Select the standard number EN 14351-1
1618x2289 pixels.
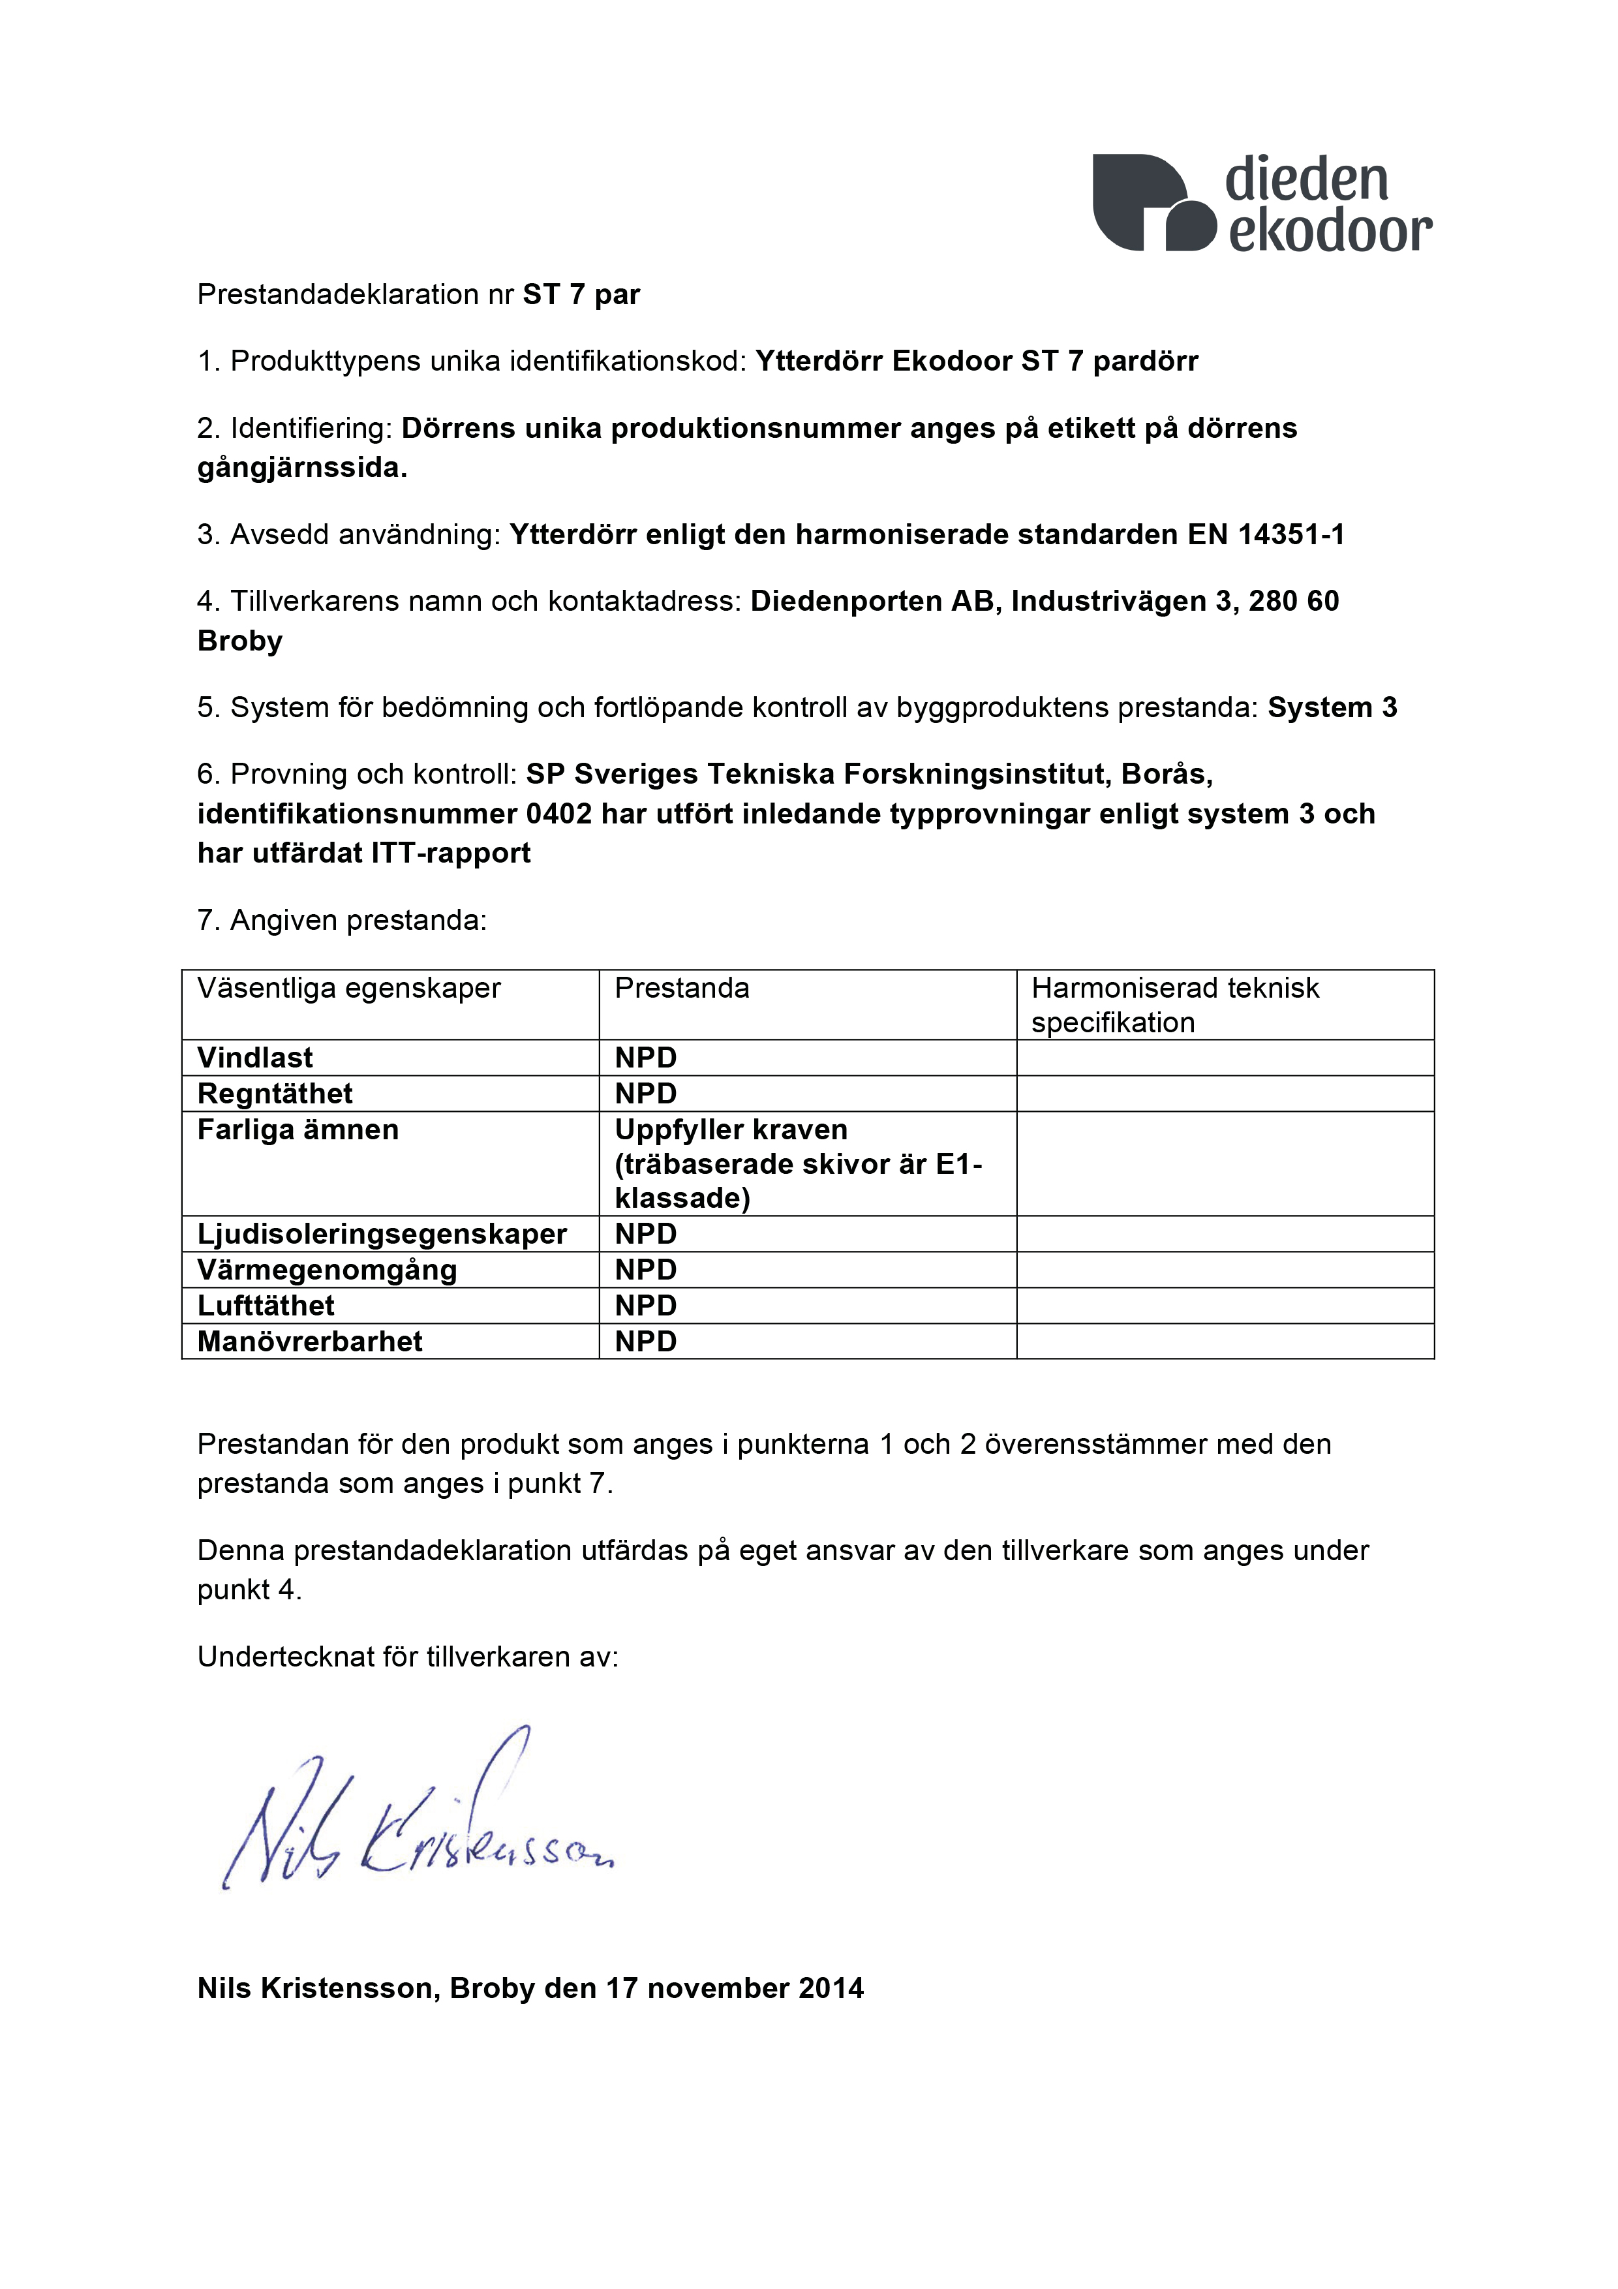point(1266,535)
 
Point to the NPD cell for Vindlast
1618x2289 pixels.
point(646,1058)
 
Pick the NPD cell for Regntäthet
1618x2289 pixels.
point(646,1094)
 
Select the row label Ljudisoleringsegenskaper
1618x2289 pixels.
point(382,1235)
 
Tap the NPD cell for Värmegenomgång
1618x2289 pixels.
point(646,1270)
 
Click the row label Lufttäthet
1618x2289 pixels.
point(266,1306)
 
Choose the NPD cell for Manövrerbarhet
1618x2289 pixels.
point(646,1342)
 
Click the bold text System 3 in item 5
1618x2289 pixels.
point(1332,708)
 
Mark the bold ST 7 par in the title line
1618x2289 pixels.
point(581,295)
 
